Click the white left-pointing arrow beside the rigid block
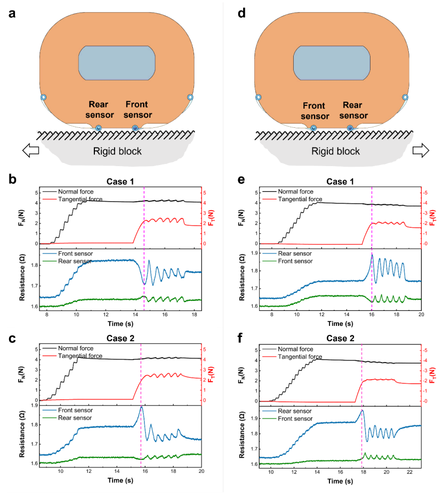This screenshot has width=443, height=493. pos(31,151)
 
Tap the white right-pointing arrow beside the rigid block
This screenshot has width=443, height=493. pos(421,151)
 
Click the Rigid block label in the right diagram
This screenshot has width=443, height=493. pos(336,151)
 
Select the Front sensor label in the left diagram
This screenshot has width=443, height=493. pos(139,110)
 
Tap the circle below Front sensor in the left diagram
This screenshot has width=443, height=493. pos(135,128)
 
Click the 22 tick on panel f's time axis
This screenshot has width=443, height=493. pos(408,472)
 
